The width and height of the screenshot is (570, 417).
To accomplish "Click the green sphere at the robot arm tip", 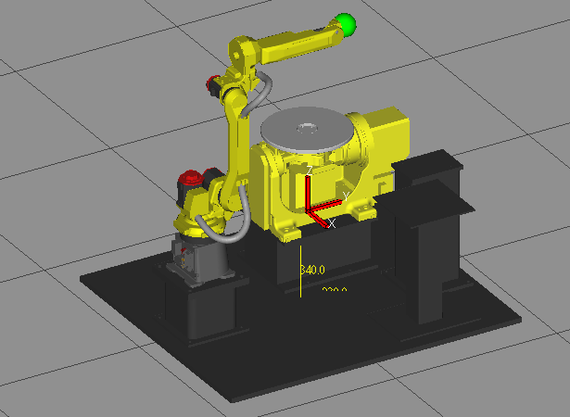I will [347, 25].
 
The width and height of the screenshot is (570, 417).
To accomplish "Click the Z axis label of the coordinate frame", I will [310, 171].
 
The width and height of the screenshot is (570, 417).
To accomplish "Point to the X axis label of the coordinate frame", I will [332, 223].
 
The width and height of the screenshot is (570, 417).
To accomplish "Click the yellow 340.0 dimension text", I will [312, 270].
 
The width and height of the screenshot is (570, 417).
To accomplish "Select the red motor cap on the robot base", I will [191, 175].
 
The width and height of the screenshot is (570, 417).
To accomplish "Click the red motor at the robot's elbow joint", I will [215, 85].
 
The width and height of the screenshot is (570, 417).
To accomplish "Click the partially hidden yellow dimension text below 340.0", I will [334, 291].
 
